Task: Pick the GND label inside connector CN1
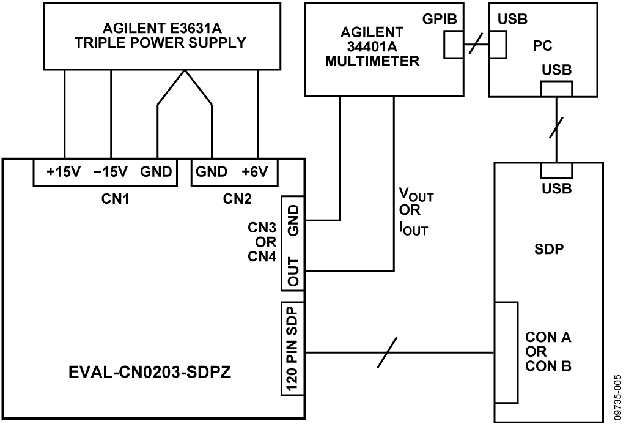[156, 171]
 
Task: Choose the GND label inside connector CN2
[212, 171]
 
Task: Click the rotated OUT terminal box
[292, 272]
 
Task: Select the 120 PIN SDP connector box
[292, 348]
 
